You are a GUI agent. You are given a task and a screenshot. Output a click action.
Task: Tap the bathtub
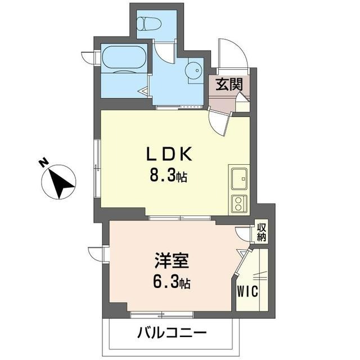pos(124,60)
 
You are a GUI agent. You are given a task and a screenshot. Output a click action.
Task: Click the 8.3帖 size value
pos(168,176)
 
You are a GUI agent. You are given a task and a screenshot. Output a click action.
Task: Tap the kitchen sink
pos(238,178)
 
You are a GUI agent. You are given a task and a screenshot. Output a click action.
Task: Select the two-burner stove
pos(238,203)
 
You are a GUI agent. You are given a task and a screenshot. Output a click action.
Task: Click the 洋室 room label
pos(172,261)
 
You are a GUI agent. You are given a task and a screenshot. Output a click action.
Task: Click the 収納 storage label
pos(262,232)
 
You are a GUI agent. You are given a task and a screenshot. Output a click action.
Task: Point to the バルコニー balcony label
pos(172,333)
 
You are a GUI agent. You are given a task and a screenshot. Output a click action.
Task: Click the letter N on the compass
pos(43,162)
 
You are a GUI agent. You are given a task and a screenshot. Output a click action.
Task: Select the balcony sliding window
pos(162,313)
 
